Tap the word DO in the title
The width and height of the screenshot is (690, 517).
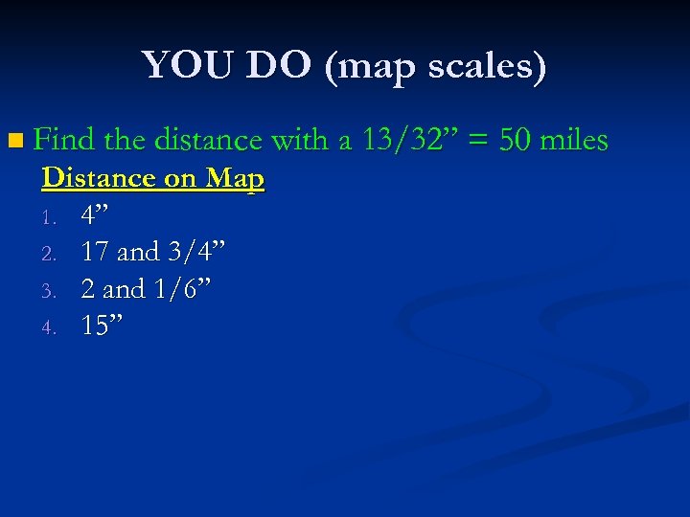coord(279,66)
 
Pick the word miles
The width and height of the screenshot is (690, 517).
coord(574,141)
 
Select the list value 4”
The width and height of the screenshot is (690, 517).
coord(94,215)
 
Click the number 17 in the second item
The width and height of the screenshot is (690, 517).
coord(95,252)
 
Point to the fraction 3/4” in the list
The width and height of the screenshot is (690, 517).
coord(196,252)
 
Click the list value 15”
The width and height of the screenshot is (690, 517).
coord(101,326)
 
